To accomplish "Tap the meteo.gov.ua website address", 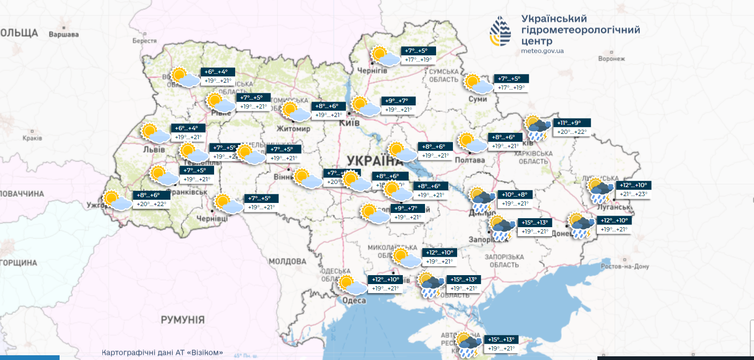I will pyautogui.click(x=543, y=51).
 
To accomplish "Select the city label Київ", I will pyautogui.click(x=350, y=122).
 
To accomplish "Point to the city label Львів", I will pyautogui.click(x=154, y=150).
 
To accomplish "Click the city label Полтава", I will pyautogui.click(x=469, y=160).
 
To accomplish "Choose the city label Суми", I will pyautogui.click(x=478, y=99).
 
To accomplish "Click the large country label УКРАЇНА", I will pyautogui.click(x=371, y=161).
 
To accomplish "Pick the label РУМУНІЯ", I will pyautogui.click(x=182, y=319).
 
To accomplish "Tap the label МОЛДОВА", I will pyautogui.click(x=287, y=261).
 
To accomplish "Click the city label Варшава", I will pyautogui.click(x=63, y=35).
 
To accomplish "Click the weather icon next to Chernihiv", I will pyautogui.click(x=385, y=56).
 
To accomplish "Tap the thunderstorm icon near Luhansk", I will pyautogui.click(x=601, y=191).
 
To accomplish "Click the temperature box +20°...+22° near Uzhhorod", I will pyautogui.click(x=151, y=204).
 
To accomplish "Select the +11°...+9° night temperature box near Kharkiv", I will pyautogui.click(x=572, y=123).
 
